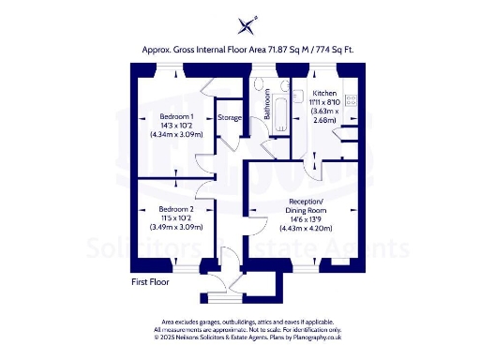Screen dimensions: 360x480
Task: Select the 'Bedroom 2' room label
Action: pyautogui.click(x=175, y=208)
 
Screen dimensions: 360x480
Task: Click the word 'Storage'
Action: pyautogui.click(x=230, y=118)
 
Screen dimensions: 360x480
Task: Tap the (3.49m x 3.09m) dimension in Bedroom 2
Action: pyautogui.click(x=175, y=226)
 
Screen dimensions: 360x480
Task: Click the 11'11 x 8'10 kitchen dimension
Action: pyautogui.click(x=324, y=103)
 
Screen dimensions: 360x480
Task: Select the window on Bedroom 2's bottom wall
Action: pyautogui.click(x=177, y=263)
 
